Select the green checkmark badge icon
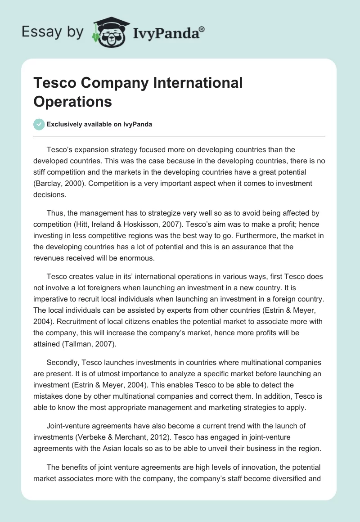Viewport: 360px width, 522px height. (x=39, y=125)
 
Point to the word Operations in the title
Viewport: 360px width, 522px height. (x=72, y=101)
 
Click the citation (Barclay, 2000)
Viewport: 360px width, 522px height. (x=59, y=183)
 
